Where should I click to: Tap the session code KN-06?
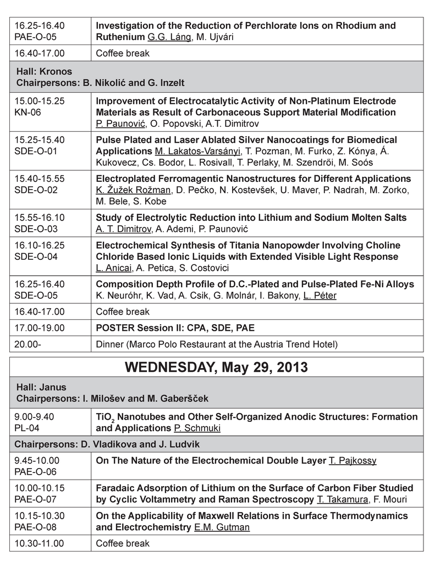[26, 113]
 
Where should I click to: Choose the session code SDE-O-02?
[36, 190]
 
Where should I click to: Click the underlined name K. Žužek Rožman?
[133, 190]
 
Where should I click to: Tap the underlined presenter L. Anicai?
[113, 268]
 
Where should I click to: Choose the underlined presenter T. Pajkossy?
[353, 460]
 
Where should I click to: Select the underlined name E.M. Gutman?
[222, 527]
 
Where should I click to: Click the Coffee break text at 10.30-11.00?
[123, 543]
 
